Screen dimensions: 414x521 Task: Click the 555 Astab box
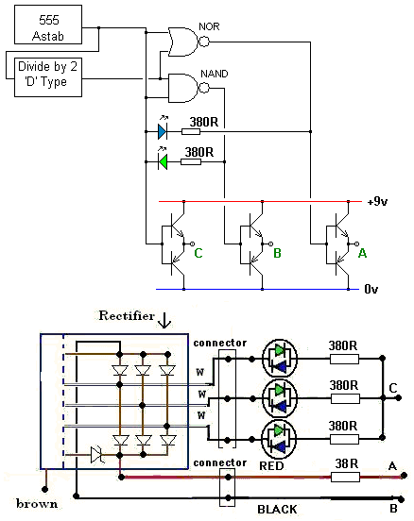click(48, 25)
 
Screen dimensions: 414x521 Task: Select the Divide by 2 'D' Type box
click(48, 77)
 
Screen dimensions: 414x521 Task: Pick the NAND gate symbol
click(188, 88)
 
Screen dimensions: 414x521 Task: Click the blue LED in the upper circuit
click(163, 132)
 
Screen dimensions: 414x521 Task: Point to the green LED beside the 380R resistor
click(163, 162)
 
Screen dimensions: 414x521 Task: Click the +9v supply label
click(377, 201)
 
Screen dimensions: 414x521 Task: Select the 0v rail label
click(371, 289)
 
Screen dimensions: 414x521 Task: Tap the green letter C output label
click(198, 253)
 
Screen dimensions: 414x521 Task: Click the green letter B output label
click(277, 253)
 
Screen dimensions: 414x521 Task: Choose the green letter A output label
click(362, 253)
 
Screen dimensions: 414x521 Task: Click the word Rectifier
click(127, 315)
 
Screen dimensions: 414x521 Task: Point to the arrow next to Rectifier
click(164, 320)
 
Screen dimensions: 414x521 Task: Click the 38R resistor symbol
click(345, 478)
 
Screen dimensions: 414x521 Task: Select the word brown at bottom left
click(37, 504)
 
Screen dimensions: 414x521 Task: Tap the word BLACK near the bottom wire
click(277, 510)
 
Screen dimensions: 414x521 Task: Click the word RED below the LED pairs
click(271, 466)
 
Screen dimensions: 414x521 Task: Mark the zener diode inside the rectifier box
click(96, 455)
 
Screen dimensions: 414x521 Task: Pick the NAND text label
click(215, 74)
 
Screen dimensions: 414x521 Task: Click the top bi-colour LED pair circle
click(280, 359)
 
